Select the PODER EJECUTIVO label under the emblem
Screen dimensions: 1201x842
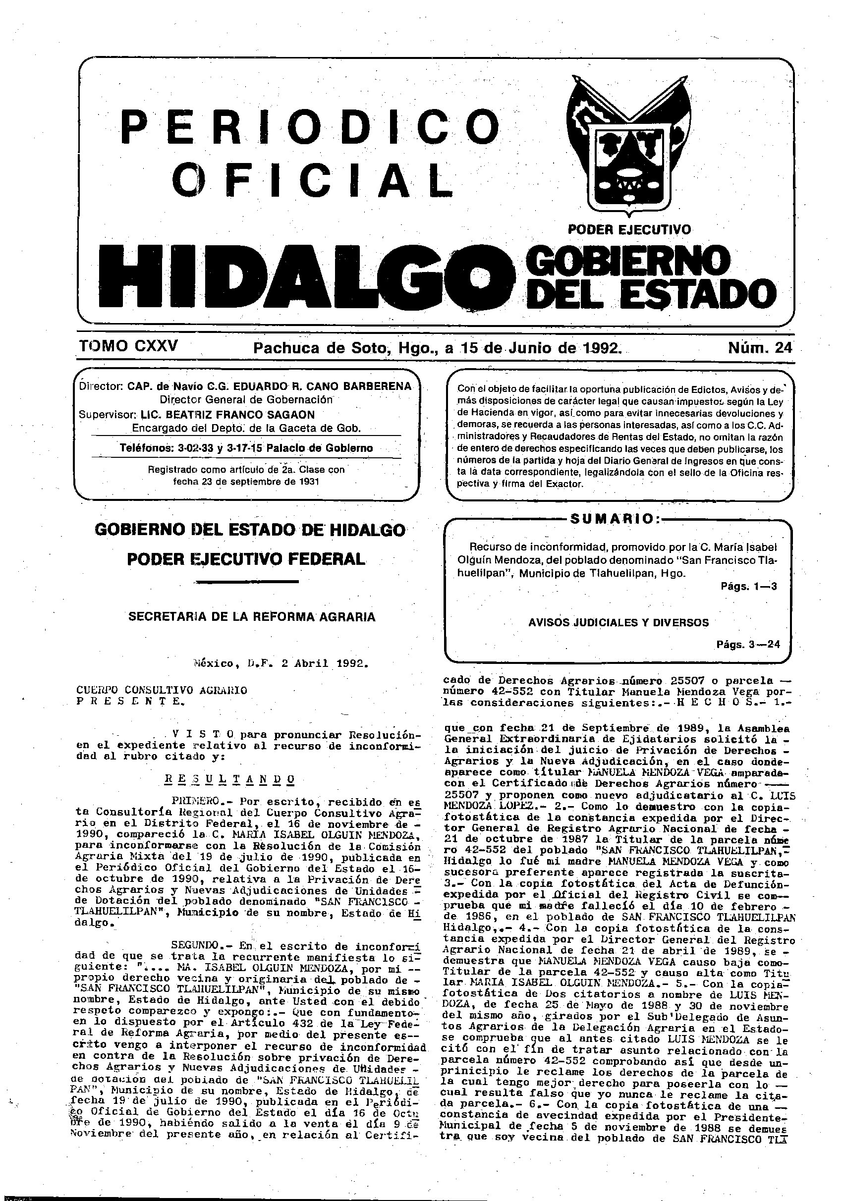pos(629,229)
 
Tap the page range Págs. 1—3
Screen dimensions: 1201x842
pos(748,586)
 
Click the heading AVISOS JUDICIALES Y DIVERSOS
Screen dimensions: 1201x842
pos(618,622)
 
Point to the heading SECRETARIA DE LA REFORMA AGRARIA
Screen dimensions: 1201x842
pos(252,617)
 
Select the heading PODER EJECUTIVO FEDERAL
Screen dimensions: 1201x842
pos(246,559)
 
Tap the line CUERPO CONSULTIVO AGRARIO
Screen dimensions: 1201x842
pos(162,690)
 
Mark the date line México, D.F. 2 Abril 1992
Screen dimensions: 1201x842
pos(281,664)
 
